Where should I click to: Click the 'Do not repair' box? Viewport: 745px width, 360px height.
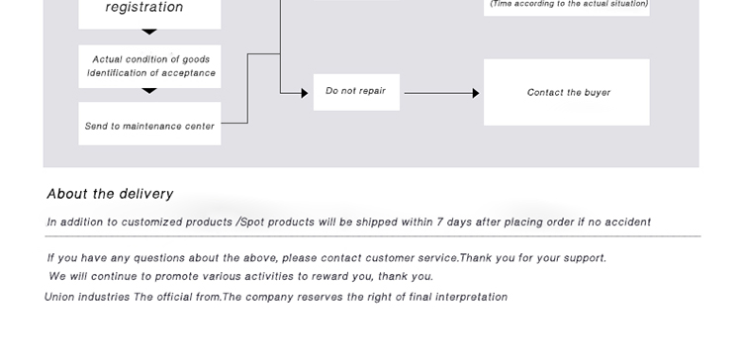[356, 92]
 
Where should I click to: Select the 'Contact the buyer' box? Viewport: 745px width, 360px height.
[566, 92]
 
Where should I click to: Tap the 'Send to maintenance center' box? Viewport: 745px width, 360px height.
[149, 124]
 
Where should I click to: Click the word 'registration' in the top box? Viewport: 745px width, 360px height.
[144, 7]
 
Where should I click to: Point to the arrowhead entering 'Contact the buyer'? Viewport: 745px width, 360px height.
[476, 93]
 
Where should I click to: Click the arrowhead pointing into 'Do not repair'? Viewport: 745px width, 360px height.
[305, 93]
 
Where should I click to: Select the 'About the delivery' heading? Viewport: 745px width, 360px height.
[110, 194]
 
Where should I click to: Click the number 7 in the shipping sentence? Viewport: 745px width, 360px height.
[440, 222]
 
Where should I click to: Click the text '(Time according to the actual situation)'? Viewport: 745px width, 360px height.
[569, 4]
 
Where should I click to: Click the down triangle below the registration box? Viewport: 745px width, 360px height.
[149, 32]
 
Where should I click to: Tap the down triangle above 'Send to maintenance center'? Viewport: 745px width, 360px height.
[149, 91]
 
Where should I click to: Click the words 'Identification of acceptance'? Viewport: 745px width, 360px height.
[151, 73]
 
